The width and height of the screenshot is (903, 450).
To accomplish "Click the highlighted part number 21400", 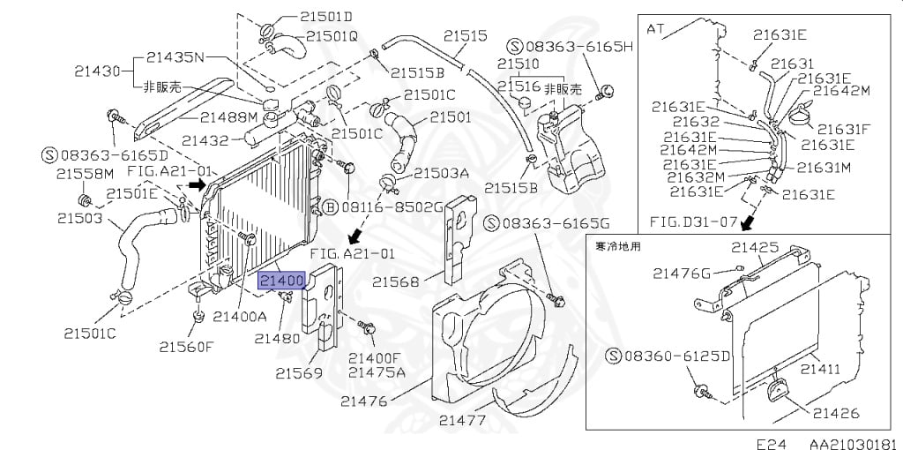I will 281,281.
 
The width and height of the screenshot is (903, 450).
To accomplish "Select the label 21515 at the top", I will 465,36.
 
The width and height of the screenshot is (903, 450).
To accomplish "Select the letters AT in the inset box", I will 656,27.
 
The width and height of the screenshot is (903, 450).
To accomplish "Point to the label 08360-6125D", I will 671,356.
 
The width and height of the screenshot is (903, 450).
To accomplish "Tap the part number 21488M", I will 228,117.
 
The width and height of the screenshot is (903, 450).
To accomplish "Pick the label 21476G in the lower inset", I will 682,274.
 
